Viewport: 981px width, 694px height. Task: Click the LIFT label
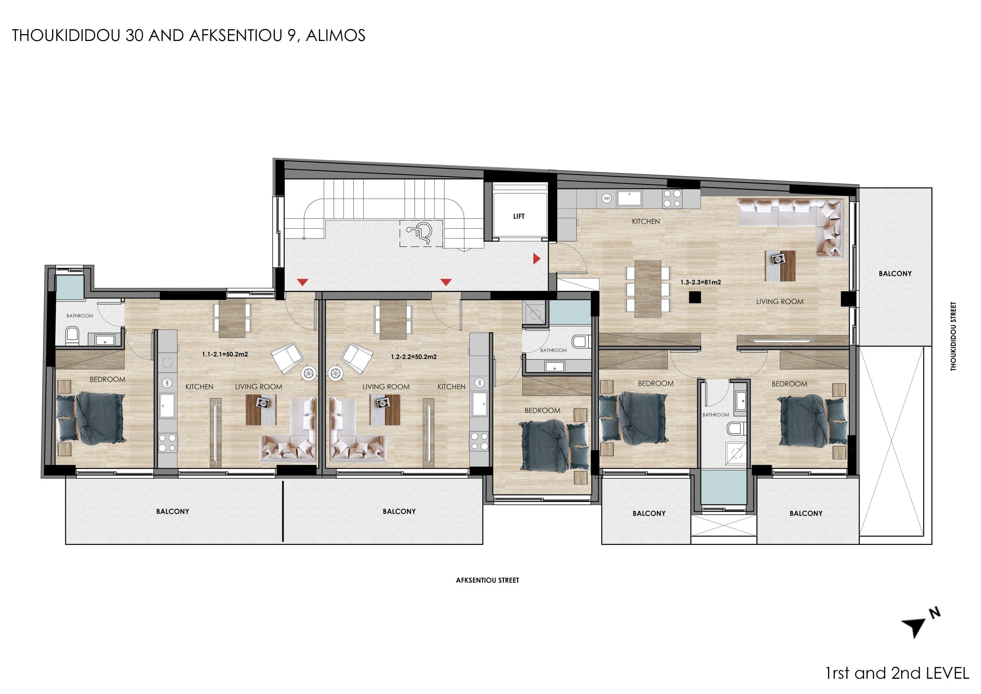[x=519, y=216]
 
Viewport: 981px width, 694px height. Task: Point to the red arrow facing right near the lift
[x=536, y=258]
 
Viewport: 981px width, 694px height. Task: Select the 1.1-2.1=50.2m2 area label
[x=225, y=354]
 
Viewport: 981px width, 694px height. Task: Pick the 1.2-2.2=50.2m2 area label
[x=413, y=356]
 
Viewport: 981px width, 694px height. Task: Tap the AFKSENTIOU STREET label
[x=487, y=580]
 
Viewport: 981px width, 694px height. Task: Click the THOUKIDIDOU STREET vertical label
[x=953, y=336]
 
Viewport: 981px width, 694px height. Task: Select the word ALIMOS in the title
[x=335, y=36]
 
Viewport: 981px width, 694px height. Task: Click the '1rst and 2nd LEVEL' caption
[x=897, y=673]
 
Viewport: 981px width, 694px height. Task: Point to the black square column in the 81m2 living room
[x=694, y=297]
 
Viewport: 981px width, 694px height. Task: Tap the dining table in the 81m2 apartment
[x=648, y=289]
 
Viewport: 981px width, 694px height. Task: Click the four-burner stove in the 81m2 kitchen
[x=672, y=199]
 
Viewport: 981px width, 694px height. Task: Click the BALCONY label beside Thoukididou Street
[x=895, y=274]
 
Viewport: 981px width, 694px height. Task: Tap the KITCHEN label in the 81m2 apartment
[x=646, y=221]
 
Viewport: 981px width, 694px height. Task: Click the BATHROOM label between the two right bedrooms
[x=716, y=415]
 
